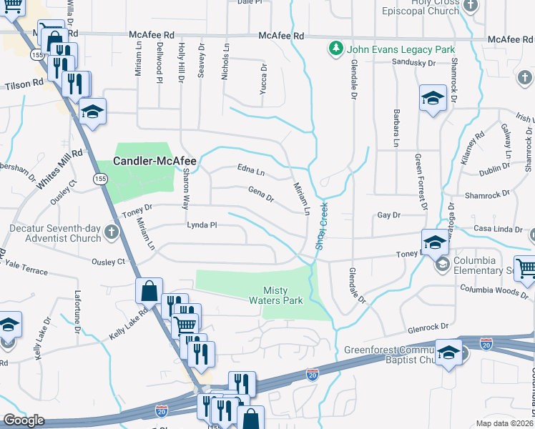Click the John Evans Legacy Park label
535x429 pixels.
(x=401, y=50)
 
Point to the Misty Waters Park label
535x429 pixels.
(x=283, y=295)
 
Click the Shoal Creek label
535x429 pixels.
(x=320, y=226)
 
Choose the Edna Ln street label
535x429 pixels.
(x=250, y=171)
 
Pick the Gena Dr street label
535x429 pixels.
(x=260, y=193)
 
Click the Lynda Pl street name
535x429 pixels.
(x=201, y=225)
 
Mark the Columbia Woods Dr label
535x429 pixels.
(x=494, y=289)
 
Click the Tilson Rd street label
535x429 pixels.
(x=24, y=84)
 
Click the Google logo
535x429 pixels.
(x=24, y=420)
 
